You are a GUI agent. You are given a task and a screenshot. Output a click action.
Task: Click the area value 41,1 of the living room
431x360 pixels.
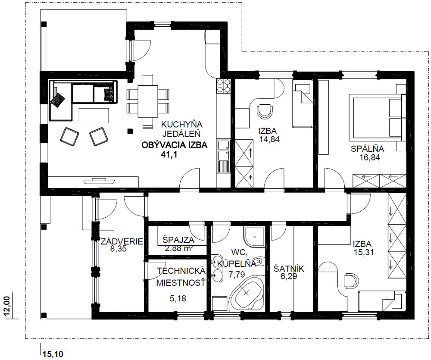click(169, 155)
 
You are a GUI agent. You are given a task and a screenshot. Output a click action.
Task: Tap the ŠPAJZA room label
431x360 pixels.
click(178, 240)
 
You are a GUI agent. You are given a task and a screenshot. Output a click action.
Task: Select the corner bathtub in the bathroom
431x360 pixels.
click(246, 295)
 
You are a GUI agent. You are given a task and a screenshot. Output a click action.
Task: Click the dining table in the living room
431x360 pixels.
click(147, 101)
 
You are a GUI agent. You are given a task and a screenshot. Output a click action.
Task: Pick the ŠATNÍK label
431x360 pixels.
click(289, 269)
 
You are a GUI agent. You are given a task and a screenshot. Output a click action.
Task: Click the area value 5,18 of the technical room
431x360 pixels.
click(178, 298)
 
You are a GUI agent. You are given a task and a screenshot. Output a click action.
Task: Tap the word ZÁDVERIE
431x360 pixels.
click(122, 242)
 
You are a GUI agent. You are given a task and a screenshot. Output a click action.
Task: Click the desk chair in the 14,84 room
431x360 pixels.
click(265, 110)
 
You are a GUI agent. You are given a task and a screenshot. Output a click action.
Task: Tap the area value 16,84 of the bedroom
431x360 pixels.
click(369, 157)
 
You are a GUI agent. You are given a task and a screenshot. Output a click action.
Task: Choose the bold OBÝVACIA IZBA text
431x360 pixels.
click(174, 145)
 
